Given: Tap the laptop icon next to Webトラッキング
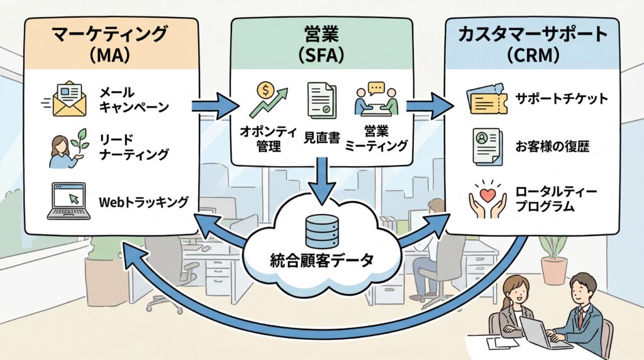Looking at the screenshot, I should pyautogui.click(x=67, y=202).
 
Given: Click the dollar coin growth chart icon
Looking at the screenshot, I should pyautogui.click(x=268, y=99).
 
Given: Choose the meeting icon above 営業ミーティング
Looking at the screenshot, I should pyautogui.click(x=376, y=98).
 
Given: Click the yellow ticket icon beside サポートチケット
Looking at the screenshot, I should pyautogui.click(x=487, y=99).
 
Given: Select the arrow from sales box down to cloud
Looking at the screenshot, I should pyautogui.click(x=321, y=183).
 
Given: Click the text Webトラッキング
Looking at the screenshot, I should pyautogui.click(x=143, y=202).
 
